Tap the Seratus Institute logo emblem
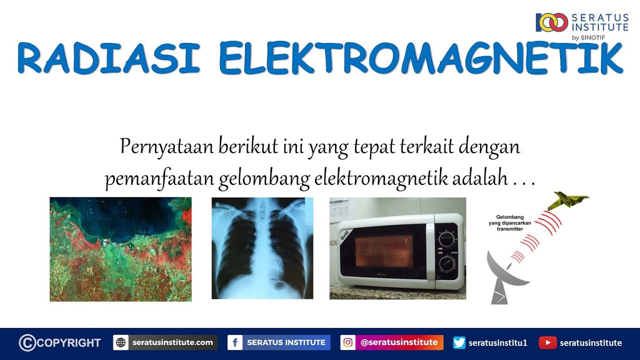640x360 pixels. click(x=552, y=22)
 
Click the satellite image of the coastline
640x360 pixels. click(x=120, y=249)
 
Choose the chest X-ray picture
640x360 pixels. click(x=262, y=248)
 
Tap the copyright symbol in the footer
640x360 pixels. click(x=27, y=343)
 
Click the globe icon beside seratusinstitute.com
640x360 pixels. click(x=121, y=343)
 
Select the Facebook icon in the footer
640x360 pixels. click(x=235, y=343)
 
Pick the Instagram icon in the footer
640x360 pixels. click(x=348, y=343)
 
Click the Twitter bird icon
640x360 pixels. click(x=459, y=343)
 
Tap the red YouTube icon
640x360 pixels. click(x=548, y=343)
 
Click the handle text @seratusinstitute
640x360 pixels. click(x=399, y=343)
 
